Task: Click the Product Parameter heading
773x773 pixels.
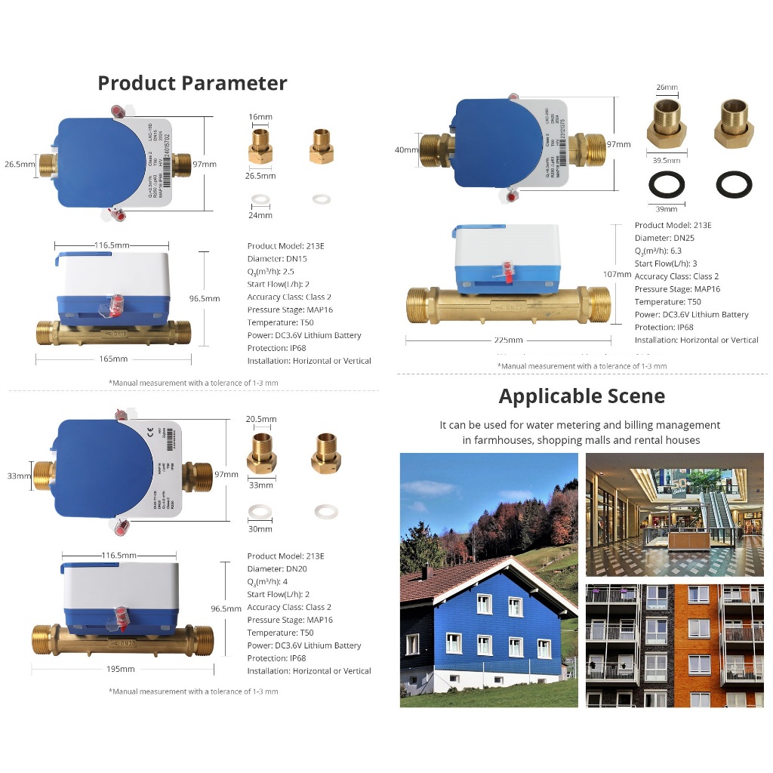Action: point(192,82)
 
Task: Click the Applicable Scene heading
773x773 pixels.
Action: point(581,396)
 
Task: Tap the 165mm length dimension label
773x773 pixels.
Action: point(113,359)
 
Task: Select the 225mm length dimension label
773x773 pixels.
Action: point(508,340)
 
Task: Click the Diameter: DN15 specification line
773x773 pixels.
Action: point(277,259)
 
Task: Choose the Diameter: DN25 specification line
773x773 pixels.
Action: point(664,238)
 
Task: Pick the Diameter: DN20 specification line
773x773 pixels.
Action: point(277,568)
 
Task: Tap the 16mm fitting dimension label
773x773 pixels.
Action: point(260,118)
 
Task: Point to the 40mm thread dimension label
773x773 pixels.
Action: point(406,149)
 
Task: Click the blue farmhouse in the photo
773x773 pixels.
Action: point(483,619)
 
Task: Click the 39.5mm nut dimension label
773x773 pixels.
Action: point(667,161)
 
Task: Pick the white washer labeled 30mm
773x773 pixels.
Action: point(260,512)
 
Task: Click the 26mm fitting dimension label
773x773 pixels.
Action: point(667,88)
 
